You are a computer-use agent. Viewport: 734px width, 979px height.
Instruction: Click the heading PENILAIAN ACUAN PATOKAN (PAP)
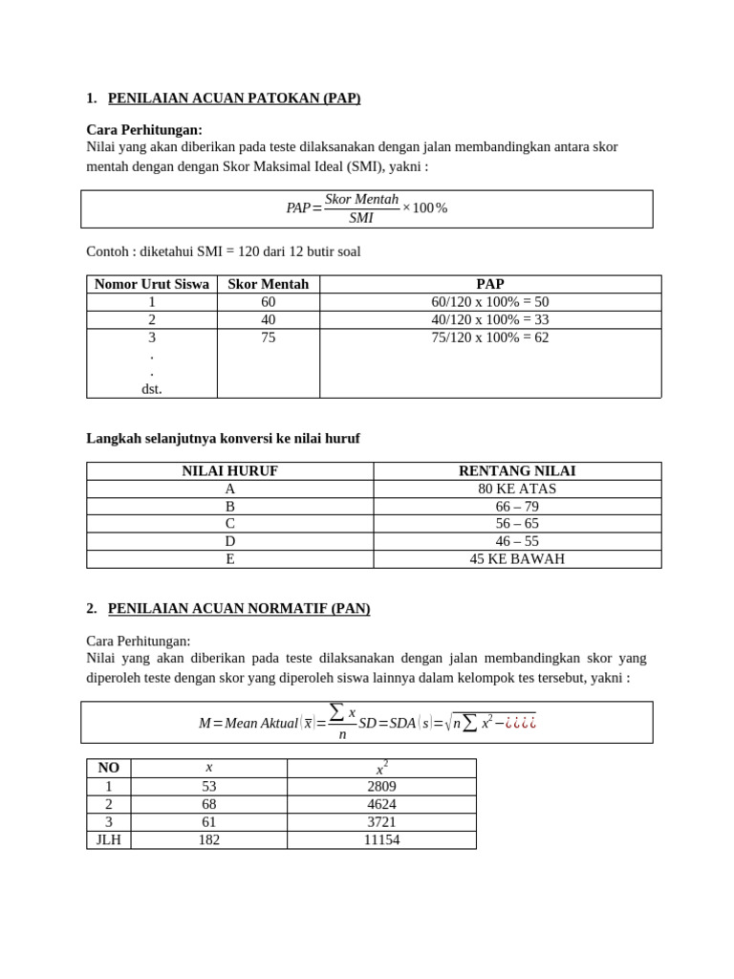pos(234,98)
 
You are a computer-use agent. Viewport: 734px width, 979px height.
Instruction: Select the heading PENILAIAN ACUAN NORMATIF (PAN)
pos(239,608)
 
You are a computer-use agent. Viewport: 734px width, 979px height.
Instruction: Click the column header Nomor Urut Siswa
pos(152,284)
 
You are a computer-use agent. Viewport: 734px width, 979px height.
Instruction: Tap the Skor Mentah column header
pos(268,284)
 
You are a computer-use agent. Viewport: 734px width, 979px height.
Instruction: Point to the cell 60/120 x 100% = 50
pos(489,302)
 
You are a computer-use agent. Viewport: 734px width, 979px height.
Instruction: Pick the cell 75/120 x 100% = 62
pos(489,337)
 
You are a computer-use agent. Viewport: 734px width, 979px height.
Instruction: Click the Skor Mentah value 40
pos(268,319)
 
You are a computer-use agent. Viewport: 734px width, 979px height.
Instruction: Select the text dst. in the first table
pos(152,389)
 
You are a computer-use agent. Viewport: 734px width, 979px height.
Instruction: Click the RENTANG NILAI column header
pos(517,470)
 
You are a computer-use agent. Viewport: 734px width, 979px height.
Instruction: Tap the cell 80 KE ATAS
pos(517,489)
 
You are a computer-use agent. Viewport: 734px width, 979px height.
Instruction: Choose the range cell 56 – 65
pos(517,524)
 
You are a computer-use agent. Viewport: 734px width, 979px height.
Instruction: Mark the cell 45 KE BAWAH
pos(517,559)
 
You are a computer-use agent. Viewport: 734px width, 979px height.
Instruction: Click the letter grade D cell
pos(229,541)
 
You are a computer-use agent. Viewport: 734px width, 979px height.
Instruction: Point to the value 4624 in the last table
pos(381,805)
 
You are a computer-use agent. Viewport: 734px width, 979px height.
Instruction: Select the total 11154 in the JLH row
pos(381,840)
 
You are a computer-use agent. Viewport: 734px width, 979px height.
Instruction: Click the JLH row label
pos(109,840)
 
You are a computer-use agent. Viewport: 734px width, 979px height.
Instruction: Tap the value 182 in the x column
pos(208,840)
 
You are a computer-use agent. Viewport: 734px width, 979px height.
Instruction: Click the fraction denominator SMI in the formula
pos(361,218)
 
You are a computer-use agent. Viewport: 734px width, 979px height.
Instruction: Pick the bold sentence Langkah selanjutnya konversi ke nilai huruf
pos(224,438)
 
